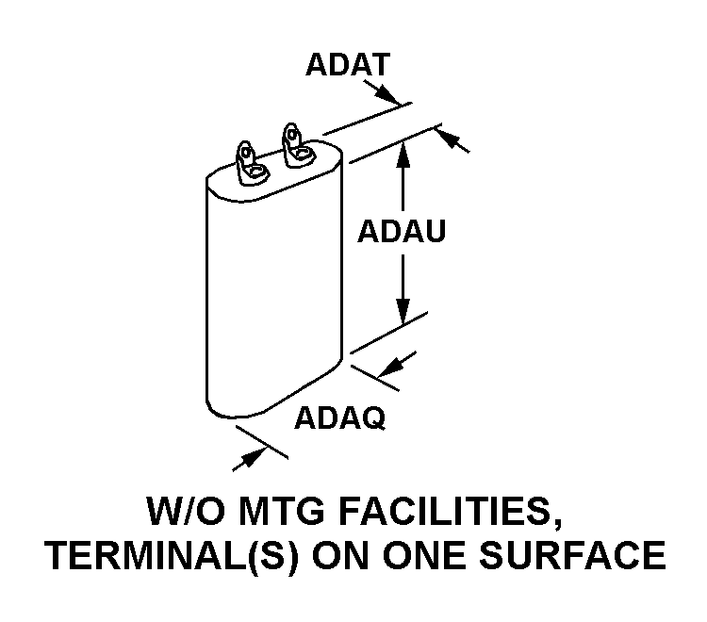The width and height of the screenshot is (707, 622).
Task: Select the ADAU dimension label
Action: (401, 232)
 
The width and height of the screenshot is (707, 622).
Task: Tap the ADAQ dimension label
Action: (340, 417)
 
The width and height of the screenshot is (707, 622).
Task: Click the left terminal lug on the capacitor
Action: (249, 159)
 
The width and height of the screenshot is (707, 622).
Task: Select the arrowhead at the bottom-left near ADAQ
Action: (247, 456)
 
